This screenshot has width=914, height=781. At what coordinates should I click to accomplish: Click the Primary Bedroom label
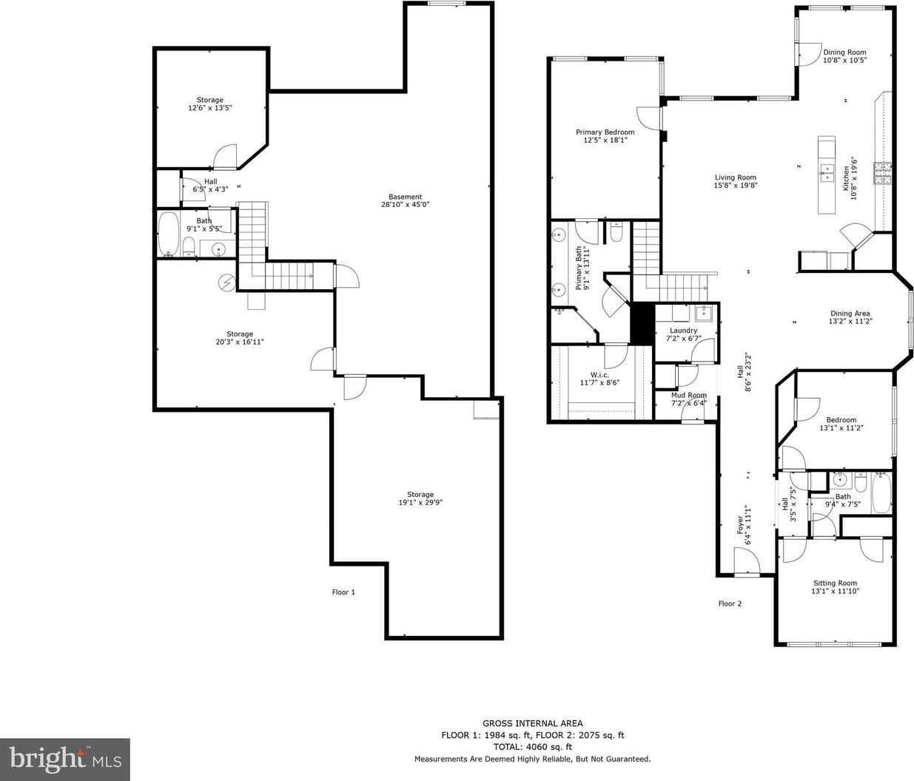tap(605, 132)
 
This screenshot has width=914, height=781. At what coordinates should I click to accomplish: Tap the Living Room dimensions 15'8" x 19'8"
tap(736, 185)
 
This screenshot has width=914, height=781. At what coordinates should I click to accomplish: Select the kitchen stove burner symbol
tap(882, 173)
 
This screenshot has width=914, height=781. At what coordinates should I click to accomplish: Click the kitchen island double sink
tap(827, 173)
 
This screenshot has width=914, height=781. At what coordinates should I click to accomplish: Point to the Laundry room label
tap(683, 331)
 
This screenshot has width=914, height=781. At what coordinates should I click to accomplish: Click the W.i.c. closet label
tap(599, 375)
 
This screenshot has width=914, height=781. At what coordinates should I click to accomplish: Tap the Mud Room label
tap(689, 395)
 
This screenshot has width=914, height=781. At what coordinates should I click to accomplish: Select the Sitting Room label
tap(836, 583)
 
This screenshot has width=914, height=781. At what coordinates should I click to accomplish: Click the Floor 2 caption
tap(730, 603)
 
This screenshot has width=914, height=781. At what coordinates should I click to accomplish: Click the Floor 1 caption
tap(343, 592)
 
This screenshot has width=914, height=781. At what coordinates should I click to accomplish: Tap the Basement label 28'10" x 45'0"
tap(405, 200)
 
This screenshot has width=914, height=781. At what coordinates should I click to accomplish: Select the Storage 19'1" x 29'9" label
tap(420, 498)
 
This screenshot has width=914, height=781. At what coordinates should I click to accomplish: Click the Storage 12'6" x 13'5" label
tap(210, 104)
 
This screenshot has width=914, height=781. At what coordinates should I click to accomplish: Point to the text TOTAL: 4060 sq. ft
tap(532, 747)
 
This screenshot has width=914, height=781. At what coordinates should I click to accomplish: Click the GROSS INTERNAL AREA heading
tap(532, 723)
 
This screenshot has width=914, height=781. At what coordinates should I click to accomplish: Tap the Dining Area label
tap(850, 314)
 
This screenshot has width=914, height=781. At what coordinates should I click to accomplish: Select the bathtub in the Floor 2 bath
tap(881, 493)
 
